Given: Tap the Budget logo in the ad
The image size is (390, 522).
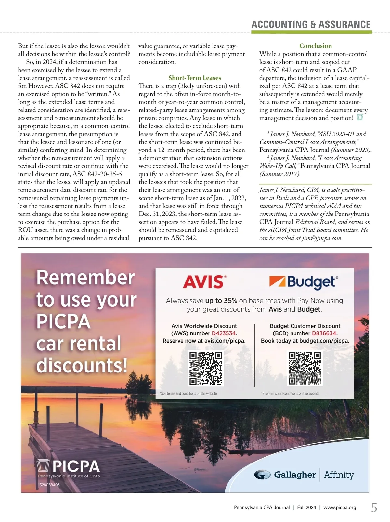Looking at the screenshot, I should (x=304, y=282).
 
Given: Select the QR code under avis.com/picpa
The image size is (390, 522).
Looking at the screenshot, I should (x=206, y=369).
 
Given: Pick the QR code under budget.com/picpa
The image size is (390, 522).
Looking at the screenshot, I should (x=305, y=368).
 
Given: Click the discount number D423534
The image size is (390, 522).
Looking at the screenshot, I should (x=224, y=333).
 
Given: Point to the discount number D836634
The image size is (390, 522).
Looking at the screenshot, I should (x=324, y=333).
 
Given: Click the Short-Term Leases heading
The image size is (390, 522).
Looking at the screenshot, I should (x=195, y=78).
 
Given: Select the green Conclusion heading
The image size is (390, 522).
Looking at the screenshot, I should (x=316, y=46).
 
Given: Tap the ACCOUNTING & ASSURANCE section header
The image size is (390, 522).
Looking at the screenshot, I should (x=311, y=25).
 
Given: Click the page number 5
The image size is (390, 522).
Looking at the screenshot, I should (x=374, y=508).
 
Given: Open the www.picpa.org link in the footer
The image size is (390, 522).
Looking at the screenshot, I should (x=340, y=508).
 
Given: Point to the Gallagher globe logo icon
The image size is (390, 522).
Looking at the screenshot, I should (x=262, y=475).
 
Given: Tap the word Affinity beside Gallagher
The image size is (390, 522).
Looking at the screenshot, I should (x=339, y=475).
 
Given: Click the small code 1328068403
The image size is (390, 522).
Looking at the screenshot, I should (x=49, y=485).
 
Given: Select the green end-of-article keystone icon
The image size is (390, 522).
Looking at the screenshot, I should (x=360, y=117).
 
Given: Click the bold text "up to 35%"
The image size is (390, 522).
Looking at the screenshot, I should (x=221, y=301).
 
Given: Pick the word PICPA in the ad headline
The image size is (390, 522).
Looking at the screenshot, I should (x=63, y=321).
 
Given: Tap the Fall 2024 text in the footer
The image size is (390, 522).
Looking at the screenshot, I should (x=306, y=508).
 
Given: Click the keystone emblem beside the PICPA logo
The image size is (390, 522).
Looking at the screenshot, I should (x=43, y=466).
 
